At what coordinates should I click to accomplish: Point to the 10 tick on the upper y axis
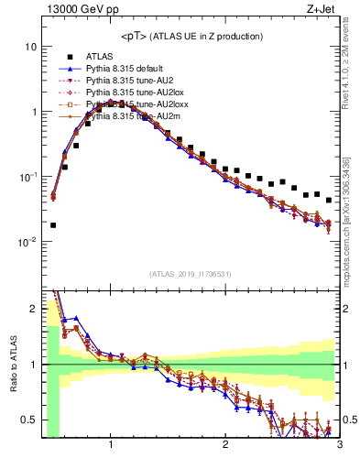tap(30, 47)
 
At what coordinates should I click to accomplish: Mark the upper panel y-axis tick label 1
tap(33, 112)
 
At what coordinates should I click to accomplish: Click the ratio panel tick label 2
tap(33, 306)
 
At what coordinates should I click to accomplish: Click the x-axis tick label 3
tap(339, 446)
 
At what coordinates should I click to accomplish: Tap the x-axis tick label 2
tap(225, 446)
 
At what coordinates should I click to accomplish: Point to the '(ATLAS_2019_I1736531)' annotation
tap(191, 273)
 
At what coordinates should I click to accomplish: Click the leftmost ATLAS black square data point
tap(53, 224)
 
